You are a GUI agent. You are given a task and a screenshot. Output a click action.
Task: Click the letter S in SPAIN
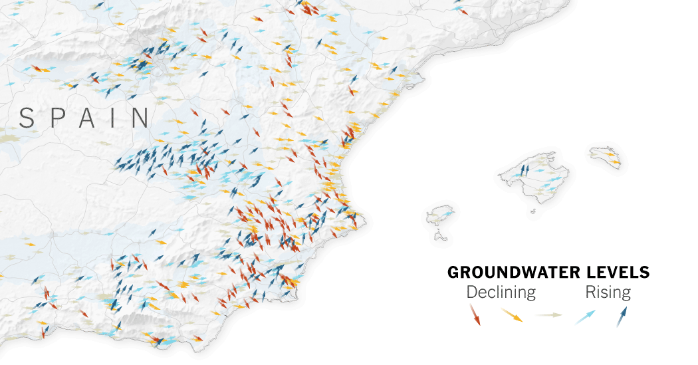click(x=27, y=118)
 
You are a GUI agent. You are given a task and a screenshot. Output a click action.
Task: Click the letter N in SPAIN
click(x=139, y=118)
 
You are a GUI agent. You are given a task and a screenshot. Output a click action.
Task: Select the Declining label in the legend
click(x=501, y=292)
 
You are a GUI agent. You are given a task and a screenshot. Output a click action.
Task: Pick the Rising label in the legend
click(x=608, y=292)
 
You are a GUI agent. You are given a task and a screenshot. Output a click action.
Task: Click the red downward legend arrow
click(x=474, y=314)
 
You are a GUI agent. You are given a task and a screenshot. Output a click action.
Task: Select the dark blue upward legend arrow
click(x=622, y=316)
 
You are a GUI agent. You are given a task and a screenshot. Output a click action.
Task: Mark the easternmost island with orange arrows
click(x=606, y=157)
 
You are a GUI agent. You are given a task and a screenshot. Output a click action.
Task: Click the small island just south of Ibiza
click(x=440, y=235)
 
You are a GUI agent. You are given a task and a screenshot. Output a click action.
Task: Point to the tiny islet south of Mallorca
click(x=532, y=212)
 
